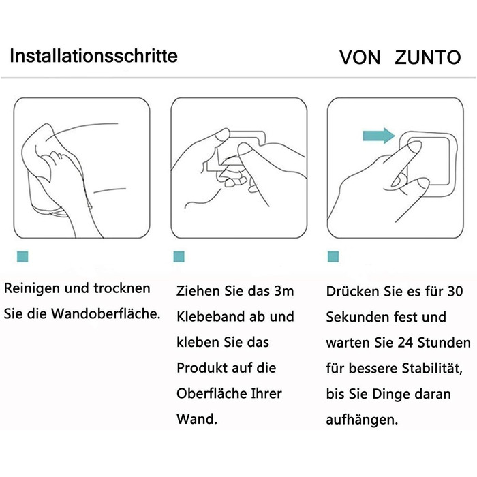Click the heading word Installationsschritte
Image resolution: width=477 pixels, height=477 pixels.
[x=93, y=56]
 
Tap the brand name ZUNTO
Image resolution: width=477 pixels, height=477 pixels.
[x=428, y=57]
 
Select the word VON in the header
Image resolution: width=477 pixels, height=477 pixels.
[x=360, y=57]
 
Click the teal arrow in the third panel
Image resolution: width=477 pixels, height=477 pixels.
[x=378, y=136]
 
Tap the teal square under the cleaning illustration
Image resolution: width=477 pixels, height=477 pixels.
[x=22, y=256]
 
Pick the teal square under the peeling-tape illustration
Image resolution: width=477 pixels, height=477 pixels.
[x=179, y=256]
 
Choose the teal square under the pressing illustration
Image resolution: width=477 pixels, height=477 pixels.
[x=333, y=256]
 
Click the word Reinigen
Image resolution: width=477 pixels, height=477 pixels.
[x=32, y=289]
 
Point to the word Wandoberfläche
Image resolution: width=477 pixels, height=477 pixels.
[x=106, y=313]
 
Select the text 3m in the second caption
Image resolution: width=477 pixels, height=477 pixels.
[x=284, y=291]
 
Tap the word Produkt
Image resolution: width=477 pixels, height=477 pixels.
[x=202, y=368]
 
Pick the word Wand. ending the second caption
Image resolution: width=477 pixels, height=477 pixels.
[x=197, y=419]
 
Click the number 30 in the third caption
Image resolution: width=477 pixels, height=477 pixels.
[x=455, y=292]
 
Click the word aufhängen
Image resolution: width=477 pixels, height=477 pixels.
[x=362, y=420]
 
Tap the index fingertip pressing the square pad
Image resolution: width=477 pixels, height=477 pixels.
[x=414, y=148]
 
